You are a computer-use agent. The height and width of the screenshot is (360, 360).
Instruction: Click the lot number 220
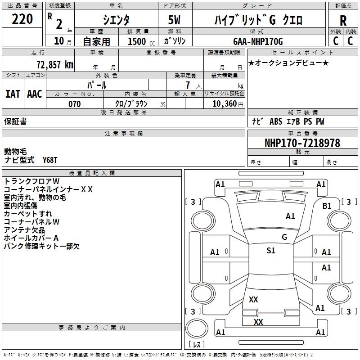click(22, 19)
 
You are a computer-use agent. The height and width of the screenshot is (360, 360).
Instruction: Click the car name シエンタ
click(117, 19)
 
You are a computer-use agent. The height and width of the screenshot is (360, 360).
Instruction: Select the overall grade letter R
click(343, 20)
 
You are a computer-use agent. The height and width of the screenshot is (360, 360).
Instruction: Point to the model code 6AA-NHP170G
click(258, 41)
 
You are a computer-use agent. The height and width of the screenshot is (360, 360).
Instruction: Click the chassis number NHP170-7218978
click(302, 143)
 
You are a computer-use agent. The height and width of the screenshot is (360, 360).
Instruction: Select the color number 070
click(75, 104)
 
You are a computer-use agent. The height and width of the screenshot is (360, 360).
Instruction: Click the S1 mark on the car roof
click(270, 251)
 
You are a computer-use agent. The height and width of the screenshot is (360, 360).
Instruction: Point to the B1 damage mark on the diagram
click(327, 206)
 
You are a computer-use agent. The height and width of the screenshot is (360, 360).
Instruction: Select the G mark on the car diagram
click(284, 237)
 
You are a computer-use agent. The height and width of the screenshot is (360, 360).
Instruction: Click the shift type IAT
click(13, 94)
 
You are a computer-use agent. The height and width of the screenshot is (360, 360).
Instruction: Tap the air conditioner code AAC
click(34, 94)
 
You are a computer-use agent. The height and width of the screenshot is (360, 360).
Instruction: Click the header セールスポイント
click(290, 53)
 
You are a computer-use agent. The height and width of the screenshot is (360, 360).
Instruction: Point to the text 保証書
click(15, 121)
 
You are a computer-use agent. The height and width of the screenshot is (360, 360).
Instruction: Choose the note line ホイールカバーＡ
click(31, 238)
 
